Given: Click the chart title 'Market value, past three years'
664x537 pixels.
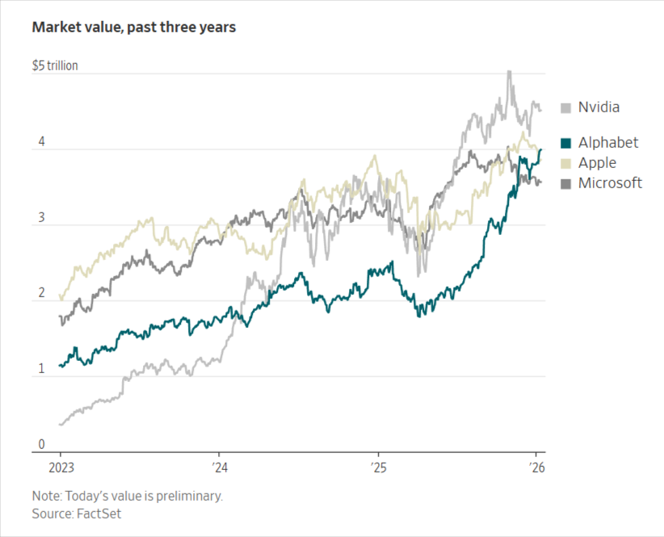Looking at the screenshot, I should [134, 27].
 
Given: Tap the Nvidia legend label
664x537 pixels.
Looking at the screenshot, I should [599, 107].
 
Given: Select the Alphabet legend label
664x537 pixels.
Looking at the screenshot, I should [607, 143].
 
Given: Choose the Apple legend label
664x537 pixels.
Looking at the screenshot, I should [597, 163].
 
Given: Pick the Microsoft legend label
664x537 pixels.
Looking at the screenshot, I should [610, 183].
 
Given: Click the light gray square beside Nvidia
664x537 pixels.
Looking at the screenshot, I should [566, 107].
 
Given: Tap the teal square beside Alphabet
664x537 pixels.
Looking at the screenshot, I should [566, 144].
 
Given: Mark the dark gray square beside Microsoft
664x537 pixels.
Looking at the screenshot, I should [566, 184].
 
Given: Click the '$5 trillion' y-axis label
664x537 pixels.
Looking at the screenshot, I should [55, 65].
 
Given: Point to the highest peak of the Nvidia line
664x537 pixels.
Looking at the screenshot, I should [508, 72].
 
